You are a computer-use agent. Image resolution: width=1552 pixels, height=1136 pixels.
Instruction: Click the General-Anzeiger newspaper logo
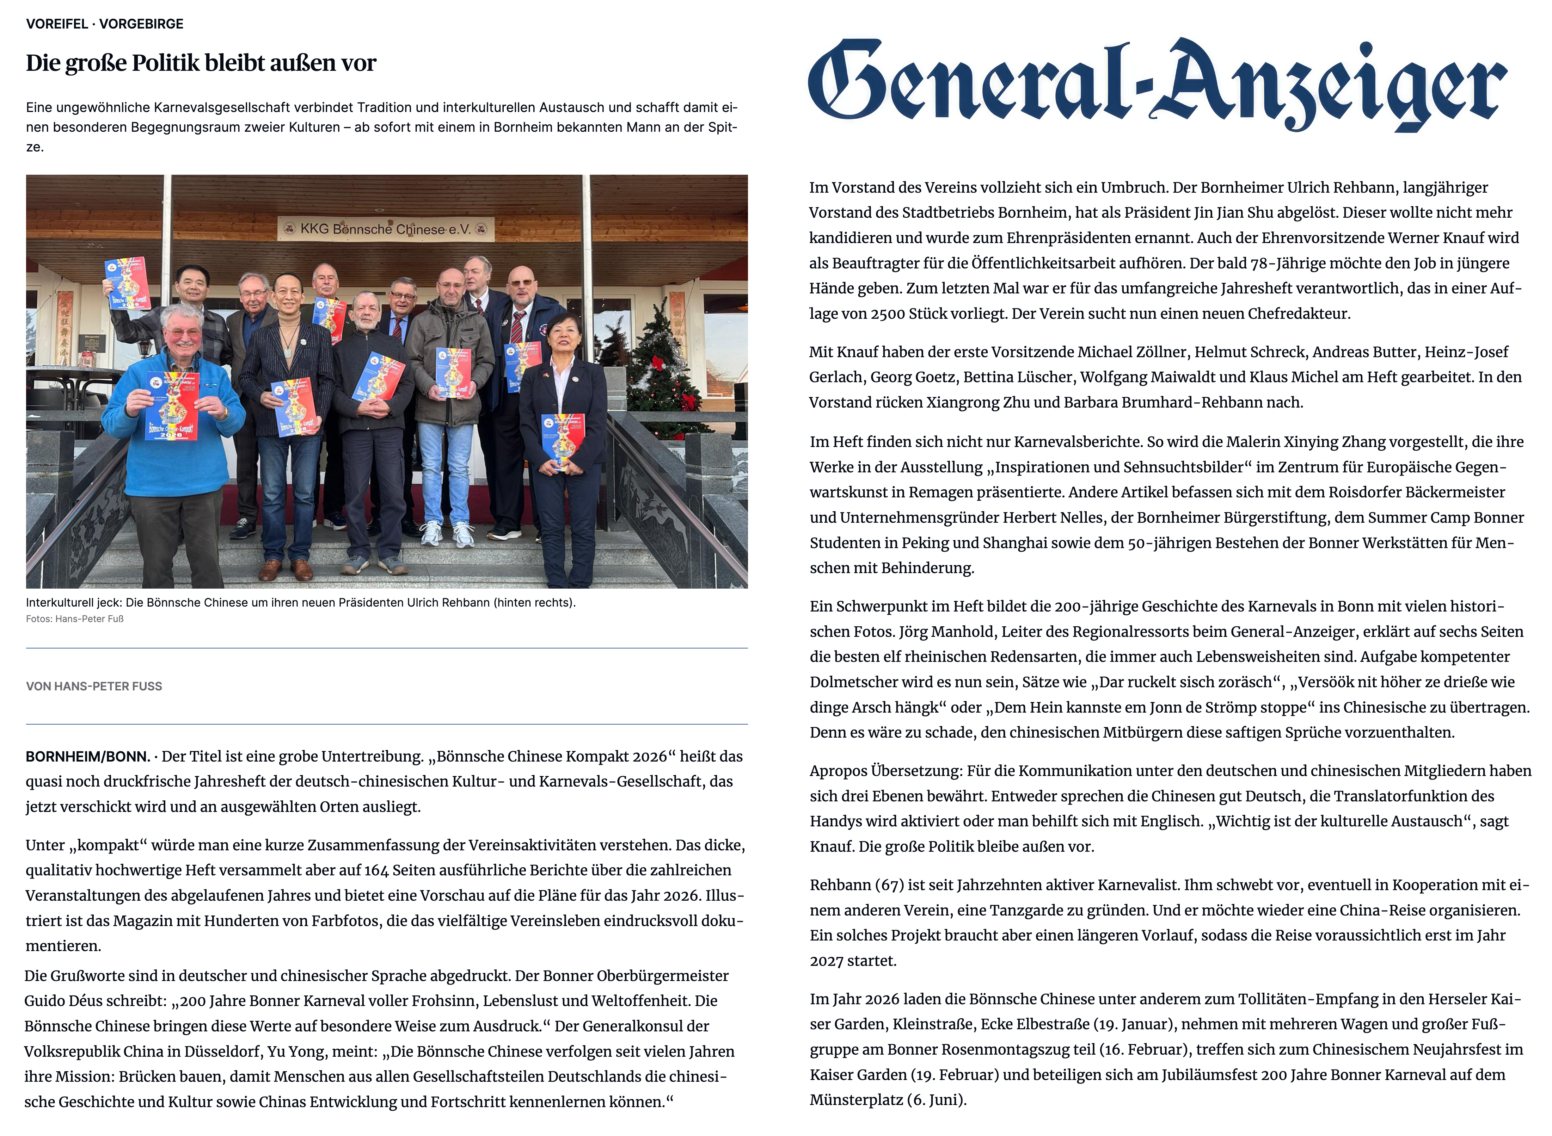point(1157,84)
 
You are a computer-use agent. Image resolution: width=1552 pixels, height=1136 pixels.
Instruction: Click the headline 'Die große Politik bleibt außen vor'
point(201,63)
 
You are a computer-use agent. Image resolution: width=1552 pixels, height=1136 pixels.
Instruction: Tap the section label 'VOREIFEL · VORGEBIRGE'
point(105,24)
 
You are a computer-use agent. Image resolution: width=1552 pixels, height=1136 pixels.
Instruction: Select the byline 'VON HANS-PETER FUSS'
point(94,686)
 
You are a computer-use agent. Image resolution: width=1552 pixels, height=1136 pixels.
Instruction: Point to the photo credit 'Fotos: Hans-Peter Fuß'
point(75,619)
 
